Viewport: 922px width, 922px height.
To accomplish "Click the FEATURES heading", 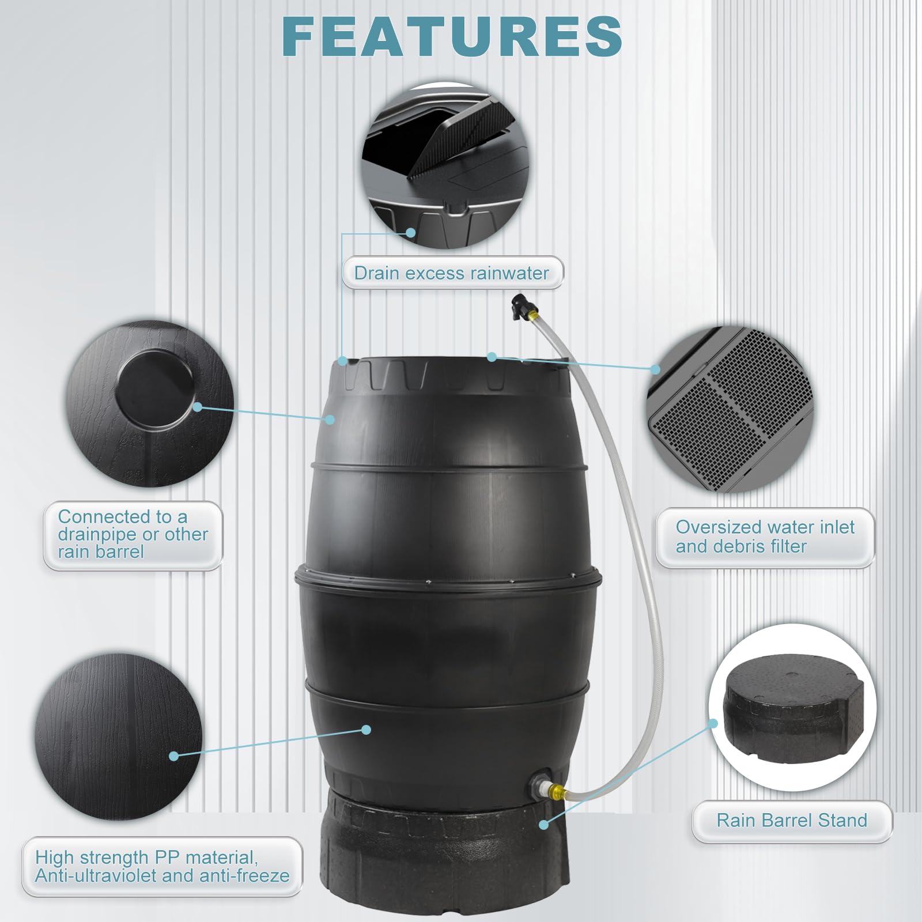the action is [x=452, y=36].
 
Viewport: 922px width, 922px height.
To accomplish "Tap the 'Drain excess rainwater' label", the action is [x=452, y=273].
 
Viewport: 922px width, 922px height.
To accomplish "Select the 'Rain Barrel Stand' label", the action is [x=792, y=820].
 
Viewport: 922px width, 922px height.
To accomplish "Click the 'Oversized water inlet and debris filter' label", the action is [x=765, y=536].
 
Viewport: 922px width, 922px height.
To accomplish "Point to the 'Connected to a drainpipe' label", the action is [x=133, y=535].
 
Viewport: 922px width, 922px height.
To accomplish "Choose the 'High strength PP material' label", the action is [x=162, y=866].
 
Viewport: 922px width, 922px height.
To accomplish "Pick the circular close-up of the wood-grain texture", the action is [x=119, y=737].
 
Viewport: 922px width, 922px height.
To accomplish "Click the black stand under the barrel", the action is [x=445, y=856].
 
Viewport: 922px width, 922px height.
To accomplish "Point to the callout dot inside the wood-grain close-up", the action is [x=173, y=755].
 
